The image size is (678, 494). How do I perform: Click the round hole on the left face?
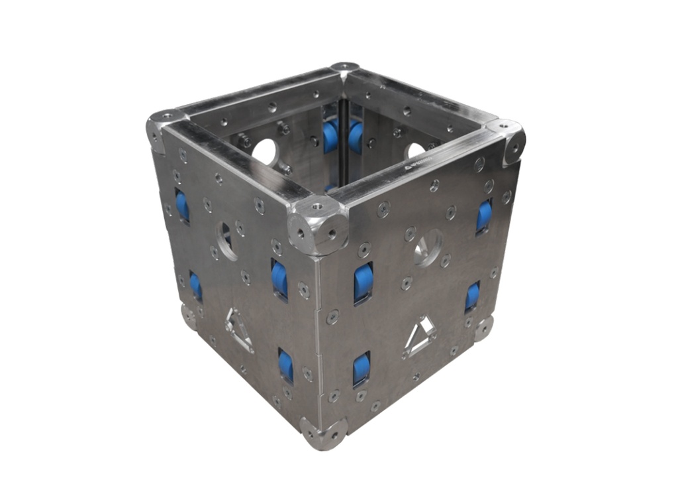226,241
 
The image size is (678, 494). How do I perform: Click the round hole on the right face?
427,247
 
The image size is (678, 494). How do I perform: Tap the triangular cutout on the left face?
238,330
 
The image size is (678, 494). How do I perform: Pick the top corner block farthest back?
345,68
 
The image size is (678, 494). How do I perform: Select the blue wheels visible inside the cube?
342,137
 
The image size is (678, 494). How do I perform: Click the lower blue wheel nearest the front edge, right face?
362,369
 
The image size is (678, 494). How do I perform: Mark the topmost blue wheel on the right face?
484,216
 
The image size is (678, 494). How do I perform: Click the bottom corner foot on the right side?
483,329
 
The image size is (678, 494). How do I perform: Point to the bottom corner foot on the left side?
189,316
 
